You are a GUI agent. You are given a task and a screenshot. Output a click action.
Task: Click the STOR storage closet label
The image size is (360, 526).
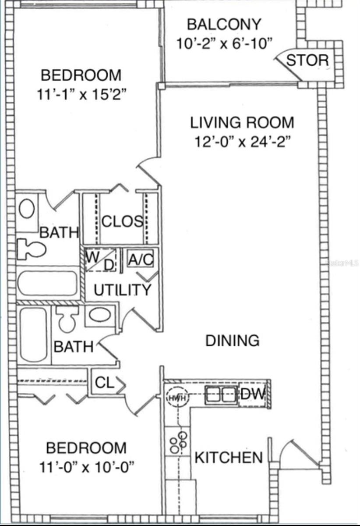(307, 60)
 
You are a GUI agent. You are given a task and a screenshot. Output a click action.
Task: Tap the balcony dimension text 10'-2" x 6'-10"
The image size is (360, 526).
(225, 43)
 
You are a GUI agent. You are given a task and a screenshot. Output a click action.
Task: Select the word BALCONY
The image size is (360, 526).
(224, 24)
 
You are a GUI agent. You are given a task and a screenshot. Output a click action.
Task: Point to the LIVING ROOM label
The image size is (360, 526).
(242, 123)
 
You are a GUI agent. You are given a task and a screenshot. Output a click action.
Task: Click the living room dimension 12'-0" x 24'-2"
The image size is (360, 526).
(243, 142)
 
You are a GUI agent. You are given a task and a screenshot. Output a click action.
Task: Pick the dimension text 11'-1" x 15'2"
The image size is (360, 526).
(81, 95)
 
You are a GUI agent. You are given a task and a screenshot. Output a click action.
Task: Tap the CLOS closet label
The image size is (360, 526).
(122, 221)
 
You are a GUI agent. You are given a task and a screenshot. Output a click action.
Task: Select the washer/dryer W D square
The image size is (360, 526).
(100, 260)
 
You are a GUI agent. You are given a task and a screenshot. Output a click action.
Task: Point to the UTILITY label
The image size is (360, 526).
(122, 290)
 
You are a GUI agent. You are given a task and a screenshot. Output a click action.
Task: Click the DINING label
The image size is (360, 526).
(232, 341)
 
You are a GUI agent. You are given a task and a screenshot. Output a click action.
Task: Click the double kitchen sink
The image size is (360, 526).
(221, 395)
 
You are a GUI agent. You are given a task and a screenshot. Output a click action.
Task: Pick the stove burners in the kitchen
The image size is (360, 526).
(178, 443)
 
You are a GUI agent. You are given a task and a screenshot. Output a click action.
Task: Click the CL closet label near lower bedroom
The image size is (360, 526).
(104, 383)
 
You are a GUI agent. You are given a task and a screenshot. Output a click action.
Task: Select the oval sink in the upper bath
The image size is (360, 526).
(27, 209)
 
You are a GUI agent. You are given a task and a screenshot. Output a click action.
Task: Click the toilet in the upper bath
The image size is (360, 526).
(31, 249)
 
